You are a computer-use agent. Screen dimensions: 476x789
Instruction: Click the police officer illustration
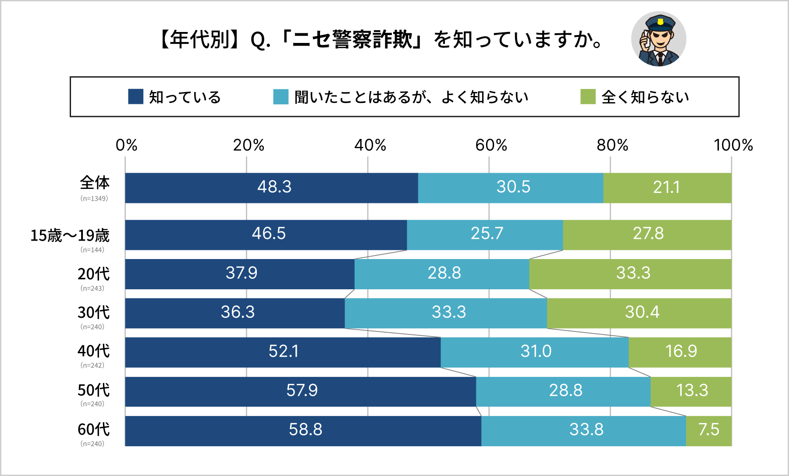pos(658,39)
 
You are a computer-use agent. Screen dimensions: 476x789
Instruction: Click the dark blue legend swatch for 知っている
pos(135,96)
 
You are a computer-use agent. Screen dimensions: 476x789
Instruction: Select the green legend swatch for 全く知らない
pos(588,96)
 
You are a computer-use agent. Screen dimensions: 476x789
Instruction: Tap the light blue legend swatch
pos(281,96)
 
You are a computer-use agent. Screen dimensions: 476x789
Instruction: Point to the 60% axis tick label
pos(491,145)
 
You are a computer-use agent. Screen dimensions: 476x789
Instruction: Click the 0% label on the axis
pos(126,145)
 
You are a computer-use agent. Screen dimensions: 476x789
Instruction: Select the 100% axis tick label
pos(733,145)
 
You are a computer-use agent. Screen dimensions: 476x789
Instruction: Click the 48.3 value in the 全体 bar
pos(274,187)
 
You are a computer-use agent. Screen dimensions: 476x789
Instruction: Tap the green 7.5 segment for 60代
pos(708,430)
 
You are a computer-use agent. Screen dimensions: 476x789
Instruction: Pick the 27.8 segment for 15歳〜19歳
pos(648,234)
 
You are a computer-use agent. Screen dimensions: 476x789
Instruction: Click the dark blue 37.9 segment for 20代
pos(241,274)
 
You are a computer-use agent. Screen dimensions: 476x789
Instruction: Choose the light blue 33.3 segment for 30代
pos(448,313)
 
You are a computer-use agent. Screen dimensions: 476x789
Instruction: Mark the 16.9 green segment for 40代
pos(681,352)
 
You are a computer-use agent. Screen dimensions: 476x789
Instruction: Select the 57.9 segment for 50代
pos(302,391)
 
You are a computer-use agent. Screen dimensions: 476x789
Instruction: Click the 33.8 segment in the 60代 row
pos(586,430)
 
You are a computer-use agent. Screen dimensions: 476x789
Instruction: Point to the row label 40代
pos(93,351)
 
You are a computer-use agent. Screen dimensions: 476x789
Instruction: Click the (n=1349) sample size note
pos(94,199)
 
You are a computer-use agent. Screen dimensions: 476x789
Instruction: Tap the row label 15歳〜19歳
pos(70,236)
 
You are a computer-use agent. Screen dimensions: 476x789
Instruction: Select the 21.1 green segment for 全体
pos(666,187)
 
